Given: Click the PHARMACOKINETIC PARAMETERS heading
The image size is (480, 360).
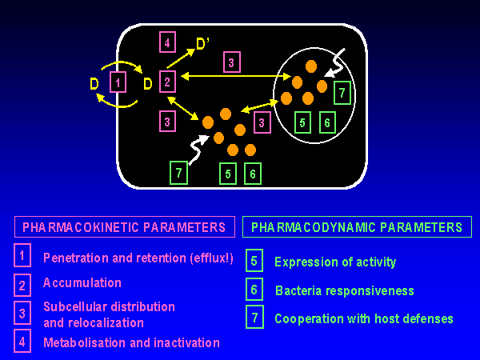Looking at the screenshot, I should [x=124, y=227].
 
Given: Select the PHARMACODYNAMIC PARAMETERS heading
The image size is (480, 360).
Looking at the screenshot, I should [x=356, y=227].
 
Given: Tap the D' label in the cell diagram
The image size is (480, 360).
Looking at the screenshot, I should [x=203, y=41].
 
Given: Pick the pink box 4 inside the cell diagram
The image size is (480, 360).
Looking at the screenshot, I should [x=166, y=42].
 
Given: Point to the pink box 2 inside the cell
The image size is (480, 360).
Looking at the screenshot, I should [x=166, y=81].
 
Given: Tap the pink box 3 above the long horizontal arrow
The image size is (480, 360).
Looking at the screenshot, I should [x=232, y=62].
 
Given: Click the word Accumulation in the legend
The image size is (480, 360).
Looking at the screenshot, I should [x=82, y=282].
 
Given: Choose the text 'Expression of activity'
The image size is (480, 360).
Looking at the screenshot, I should [x=335, y=262].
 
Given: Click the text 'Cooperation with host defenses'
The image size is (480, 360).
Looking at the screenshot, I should [x=363, y=318].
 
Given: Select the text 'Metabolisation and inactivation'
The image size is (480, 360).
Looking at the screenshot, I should [x=131, y=342].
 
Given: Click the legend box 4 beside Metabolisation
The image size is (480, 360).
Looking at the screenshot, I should [x=23, y=342].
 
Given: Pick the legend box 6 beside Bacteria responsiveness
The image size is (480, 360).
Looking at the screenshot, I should [x=254, y=289].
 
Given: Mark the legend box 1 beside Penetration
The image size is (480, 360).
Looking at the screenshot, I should [x=23, y=256].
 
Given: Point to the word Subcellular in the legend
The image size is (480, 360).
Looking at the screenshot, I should [x=75, y=306].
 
